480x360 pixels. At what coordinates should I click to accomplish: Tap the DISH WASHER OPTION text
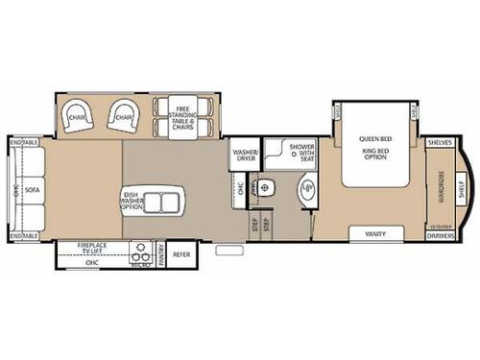tap(133, 202)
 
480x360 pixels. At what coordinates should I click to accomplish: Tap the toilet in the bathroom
tap(271, 188)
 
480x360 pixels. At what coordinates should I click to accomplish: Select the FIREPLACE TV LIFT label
tap(93, 249)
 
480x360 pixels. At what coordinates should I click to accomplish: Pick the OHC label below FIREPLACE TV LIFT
tap(92, 261)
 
